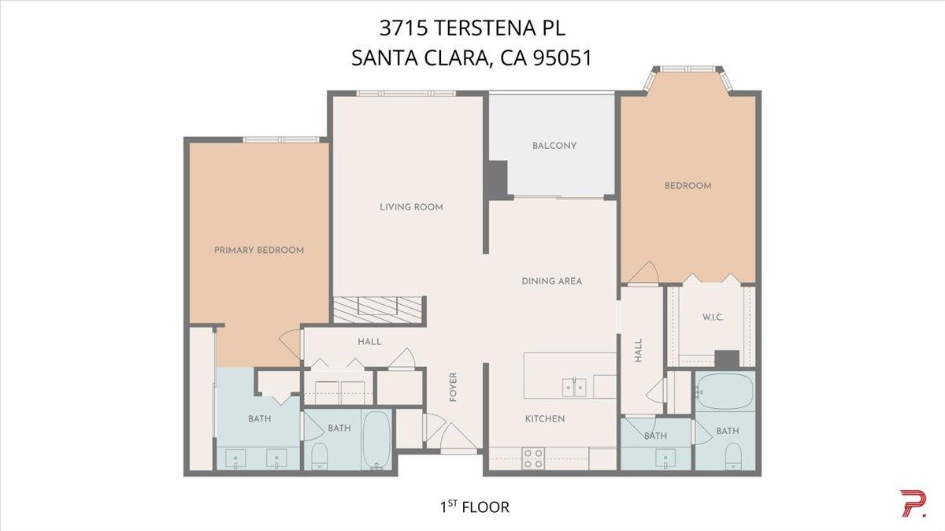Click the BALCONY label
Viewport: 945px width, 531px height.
coord(554,146)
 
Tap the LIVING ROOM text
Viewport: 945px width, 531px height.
coord(411,207)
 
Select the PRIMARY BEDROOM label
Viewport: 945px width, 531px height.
coord(259,250)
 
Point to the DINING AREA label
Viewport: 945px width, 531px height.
coord(551,280)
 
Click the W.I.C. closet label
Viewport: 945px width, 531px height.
coord(712,317)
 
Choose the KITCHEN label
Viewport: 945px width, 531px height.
coord(545,418)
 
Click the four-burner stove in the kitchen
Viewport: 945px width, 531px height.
coord(533,459)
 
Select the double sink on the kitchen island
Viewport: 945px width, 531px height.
coord(573,387)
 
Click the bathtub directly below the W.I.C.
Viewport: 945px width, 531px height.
coord(724,390)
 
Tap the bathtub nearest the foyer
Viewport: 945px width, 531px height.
coord(376,439)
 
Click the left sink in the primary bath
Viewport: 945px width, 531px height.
coord(234,457)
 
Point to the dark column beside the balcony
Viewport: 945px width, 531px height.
coord(498,180)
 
